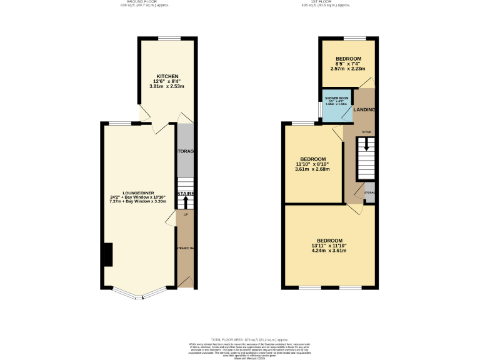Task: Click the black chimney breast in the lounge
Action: [x=108, y=254]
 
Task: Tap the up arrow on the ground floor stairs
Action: [x=185, y=202]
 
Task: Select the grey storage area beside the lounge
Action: [x=186, y=151]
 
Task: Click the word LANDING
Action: [x=364, y=110]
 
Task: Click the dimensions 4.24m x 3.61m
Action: [x=329, y=251]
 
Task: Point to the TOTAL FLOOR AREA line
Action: [x=239, y=337]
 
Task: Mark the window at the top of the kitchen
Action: [x=168, y=39]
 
